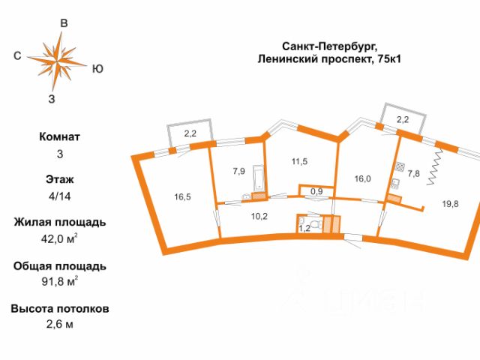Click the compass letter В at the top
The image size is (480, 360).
point(64,24)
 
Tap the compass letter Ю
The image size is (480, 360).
point(97,69)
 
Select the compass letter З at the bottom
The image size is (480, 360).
point(51,98)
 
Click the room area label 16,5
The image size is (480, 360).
point(183,197)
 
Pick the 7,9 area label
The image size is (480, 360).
point(238,171)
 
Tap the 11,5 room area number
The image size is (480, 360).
point(300,161)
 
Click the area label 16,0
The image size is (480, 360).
point(363,178)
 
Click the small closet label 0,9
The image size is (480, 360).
point(316,192)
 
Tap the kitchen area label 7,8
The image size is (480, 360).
point(414,173)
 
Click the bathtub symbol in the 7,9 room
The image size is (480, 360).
point(259,178)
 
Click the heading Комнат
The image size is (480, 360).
point(59,137)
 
